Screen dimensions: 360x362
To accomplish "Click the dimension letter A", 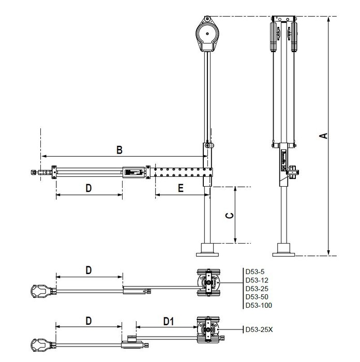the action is click(324, 135).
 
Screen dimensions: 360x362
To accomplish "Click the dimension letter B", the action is click(119, 150).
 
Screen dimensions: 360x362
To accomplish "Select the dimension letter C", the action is click(229, 216).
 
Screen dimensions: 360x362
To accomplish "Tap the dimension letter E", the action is click(181, 188).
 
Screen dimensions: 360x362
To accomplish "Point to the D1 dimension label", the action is click(169, 321).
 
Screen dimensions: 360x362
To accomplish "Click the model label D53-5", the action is click(255, 271).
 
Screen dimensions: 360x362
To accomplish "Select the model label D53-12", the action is click(257, 280).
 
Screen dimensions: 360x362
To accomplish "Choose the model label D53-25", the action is click(257, 289).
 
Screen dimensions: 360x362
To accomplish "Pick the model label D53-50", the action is click(257, 297).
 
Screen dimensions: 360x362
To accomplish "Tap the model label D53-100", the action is click(259, 305).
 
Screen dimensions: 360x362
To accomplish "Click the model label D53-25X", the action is click(259, 329).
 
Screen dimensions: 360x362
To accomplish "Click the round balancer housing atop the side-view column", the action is click(207, 34).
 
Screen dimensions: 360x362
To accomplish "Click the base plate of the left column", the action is click(207, 254).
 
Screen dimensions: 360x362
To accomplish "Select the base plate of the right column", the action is click(283, 254).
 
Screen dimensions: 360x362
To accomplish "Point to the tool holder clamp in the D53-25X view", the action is click(41, 345).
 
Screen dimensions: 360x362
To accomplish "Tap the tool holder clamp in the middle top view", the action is click(41, 291).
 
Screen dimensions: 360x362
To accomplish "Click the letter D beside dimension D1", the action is click(88, 321).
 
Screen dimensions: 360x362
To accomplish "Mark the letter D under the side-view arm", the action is click(88, 188).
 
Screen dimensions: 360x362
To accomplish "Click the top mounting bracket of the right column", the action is click(283, 19).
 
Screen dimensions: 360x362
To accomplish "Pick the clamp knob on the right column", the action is click(293, 172).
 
